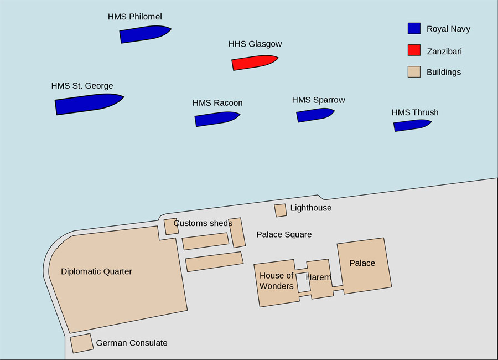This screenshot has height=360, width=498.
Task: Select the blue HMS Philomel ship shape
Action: point(145,34)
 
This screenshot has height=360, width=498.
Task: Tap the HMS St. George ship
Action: point(89,104)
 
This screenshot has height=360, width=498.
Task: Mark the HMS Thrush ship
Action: point(412,125)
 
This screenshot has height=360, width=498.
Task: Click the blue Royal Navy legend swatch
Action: point(414,28)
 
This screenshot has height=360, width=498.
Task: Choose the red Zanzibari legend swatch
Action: point(414,50)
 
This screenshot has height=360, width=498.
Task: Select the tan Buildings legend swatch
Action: point(414,72)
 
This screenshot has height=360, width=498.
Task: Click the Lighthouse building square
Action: point(281,210)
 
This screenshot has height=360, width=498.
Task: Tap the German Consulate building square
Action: point(82,343)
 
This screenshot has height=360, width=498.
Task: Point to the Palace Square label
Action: point(284,234)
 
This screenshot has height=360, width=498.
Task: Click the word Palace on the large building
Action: point(362,263)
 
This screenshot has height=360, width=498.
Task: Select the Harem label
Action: point(318,277)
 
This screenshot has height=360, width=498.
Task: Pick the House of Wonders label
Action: point(276,280)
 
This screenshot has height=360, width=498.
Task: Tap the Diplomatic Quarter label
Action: point(96,271)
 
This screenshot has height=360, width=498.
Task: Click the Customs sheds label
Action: point(203,223)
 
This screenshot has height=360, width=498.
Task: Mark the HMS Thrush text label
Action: point(415,112)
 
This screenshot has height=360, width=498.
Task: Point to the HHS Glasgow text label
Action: point(255,44)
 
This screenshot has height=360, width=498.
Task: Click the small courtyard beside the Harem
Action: point(303,282)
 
